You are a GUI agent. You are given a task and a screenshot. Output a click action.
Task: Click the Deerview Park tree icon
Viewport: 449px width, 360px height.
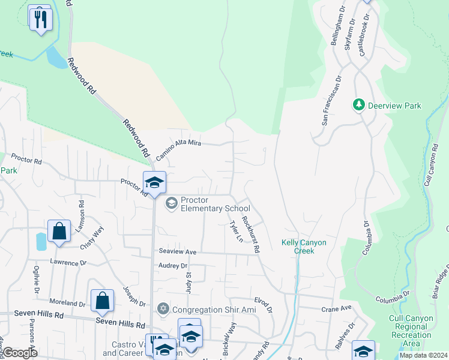(x=359, y=106)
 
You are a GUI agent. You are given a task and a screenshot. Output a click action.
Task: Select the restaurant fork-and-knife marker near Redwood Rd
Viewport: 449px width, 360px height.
(x=41, y=19)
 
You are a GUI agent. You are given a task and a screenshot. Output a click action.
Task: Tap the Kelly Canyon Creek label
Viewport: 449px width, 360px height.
(x=304, y=247)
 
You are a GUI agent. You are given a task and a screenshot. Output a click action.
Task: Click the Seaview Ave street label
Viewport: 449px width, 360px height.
(x=178, y=251)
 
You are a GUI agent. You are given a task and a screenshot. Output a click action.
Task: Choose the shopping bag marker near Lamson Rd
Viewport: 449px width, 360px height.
(x=59, y=231)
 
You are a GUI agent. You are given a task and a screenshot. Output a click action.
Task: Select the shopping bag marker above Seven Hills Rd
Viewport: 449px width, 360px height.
(x=103, y=301)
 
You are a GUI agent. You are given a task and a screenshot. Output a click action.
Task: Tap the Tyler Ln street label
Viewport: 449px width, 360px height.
(x=236, y=231)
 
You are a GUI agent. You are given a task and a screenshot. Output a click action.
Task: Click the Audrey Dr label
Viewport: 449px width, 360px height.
(x=173, y=265)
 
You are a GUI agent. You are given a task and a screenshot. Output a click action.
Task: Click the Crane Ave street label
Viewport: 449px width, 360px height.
(x=336, y=308)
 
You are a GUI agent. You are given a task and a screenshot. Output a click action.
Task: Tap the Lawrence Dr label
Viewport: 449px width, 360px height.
(x=68, y=263)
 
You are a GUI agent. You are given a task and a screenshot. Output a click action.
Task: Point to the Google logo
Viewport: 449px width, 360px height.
(x=20, y=353)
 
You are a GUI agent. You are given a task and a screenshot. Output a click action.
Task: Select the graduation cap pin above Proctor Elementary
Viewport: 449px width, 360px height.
(x=154, y=182)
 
